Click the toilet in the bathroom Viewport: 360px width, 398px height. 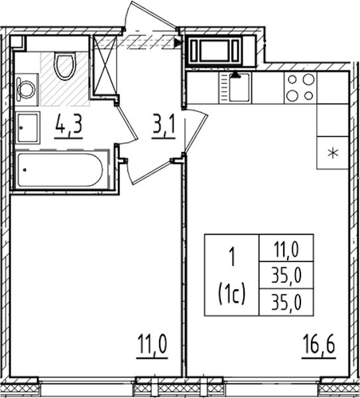(65, 66)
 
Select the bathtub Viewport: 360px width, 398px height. (61, 170)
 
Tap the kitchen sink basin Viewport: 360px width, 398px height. (239, 88)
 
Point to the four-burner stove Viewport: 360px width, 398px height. (300, 88)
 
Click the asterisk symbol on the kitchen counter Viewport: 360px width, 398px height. (333, 153)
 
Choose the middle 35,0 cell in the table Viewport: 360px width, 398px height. (286, 275)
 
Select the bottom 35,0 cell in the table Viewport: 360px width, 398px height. (286, 302)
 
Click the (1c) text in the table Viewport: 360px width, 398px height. (231, 293)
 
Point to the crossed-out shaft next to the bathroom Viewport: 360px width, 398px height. (104, 66)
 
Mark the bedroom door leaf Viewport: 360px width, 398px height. (151, 172)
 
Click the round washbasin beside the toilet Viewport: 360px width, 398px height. (26, 89)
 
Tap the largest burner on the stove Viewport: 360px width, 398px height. (308, 80)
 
